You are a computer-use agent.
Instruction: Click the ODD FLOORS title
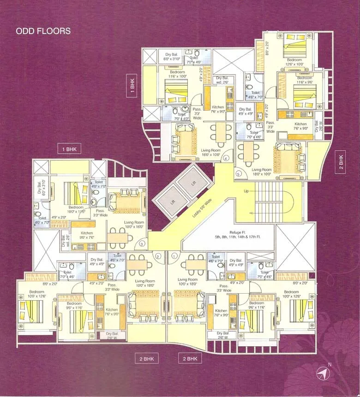[43, 31]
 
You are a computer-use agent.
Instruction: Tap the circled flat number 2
[158, 256]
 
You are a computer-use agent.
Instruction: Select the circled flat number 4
[226, 159]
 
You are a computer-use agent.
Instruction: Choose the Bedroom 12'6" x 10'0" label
[295, 62]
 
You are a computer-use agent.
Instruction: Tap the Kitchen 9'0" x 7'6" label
[86, 235]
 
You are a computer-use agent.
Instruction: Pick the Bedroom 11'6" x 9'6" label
[301, 80]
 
